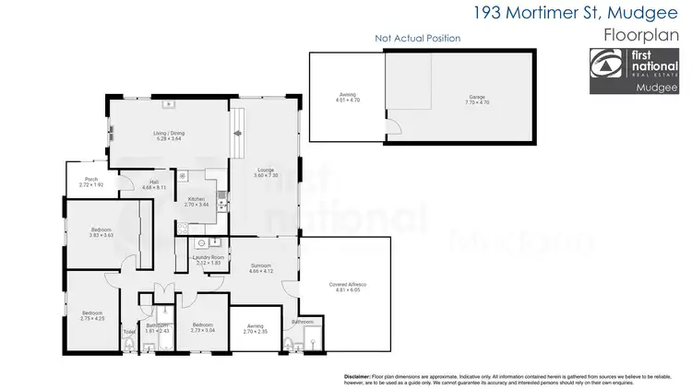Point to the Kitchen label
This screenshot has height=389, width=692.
(x=197, y=200)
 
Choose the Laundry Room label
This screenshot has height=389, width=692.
(x=209, y=259)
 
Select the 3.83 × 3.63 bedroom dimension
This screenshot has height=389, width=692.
(x=101, y=236)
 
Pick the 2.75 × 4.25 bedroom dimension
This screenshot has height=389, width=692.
(x=91, y=318)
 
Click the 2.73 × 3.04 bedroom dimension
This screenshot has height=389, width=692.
(x=203, y=329)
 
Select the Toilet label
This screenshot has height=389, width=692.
(x=129, y=330)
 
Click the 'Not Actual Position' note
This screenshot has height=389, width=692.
(x=417, y=39)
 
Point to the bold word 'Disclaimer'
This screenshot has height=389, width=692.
(x=356, y=376)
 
